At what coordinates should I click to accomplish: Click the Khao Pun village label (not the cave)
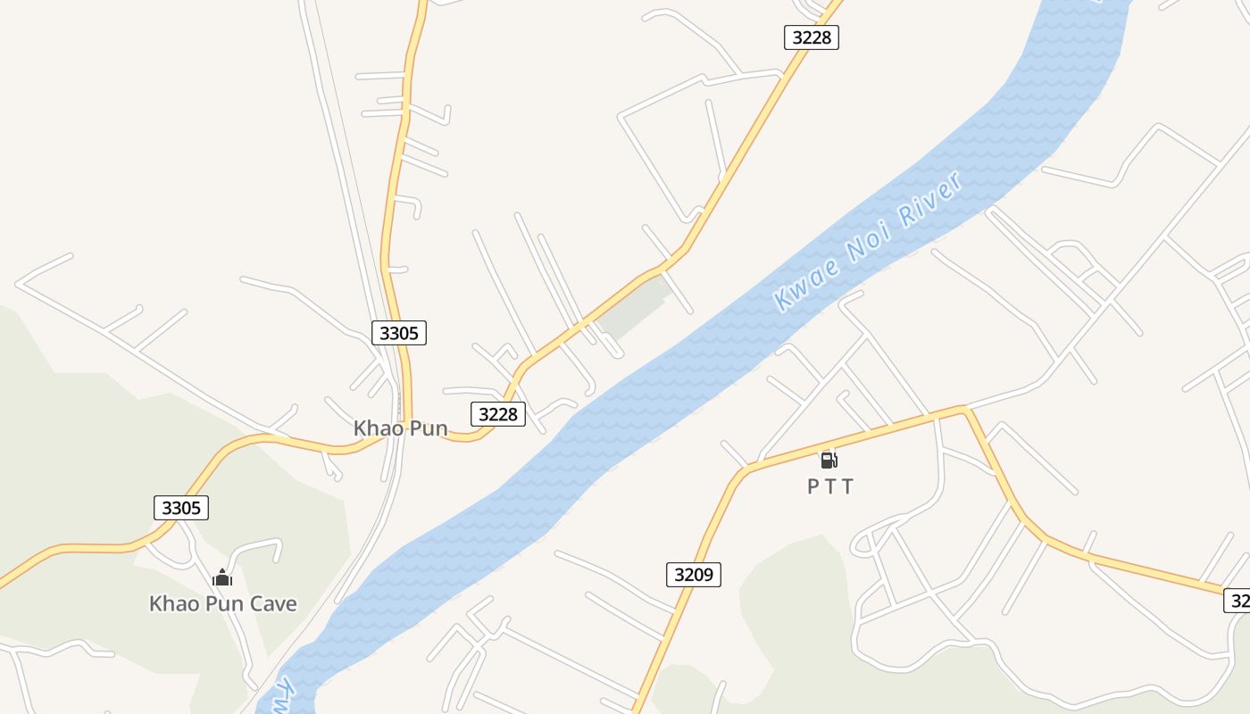pos(400,428)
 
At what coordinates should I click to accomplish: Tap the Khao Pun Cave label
pos(222,603)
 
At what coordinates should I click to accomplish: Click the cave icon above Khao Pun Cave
pos(222,577)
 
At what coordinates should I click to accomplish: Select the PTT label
pos(830,486)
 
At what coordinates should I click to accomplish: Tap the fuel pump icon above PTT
pos(829,461)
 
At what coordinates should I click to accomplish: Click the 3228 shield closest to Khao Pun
pos(498,413)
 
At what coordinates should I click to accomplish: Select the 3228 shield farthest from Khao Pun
pos(812,37)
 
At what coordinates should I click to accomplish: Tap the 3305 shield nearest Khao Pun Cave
pos(181,508)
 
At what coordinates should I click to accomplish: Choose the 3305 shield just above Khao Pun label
pos(399,333)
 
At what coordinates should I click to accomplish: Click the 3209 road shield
pos(694,575)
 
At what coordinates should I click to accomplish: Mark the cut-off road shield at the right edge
pos(1237,601)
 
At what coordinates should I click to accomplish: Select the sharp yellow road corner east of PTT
pos(964,410)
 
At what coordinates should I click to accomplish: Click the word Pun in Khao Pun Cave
pos(225,603)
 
